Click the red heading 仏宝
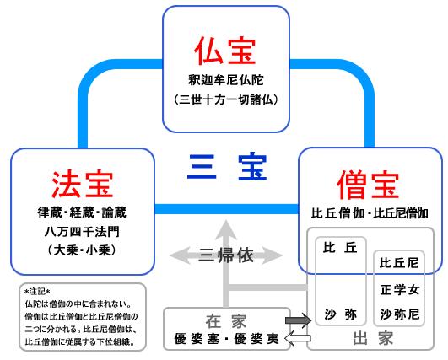point(225,51)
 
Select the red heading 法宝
point(83,184)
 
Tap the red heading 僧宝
point(369,184)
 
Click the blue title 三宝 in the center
point(227,167)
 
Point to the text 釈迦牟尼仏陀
point(226,80)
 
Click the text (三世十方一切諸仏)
point(226,99)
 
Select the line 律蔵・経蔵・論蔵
point(82,212)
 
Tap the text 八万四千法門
point(82,232)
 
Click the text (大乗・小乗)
point(82,250)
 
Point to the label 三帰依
point(226,255)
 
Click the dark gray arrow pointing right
point(299,320)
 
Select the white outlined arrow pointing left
point(298,339)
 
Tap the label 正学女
point(399,290)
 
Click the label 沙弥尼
point(399,314)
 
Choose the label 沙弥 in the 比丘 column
point(341,314)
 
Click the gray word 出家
point(373,339)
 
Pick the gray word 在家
point(226,321)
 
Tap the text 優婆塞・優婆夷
point(227,339)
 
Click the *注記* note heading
point(37,292)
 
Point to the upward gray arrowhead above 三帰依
point(226,230)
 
